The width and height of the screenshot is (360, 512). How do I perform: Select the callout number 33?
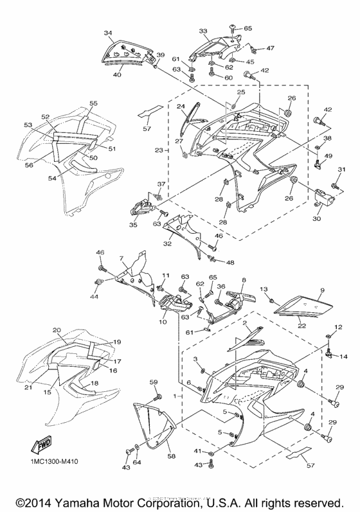click(x=203, y=31)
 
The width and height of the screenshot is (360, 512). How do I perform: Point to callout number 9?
click(x=322, y=290)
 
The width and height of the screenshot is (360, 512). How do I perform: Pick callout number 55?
click(x=94, y=103)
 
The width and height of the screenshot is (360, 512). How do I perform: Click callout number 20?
click(x=57, y=330)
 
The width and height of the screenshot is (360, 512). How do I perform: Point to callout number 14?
click(x=343, y=355)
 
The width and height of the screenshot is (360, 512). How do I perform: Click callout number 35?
click(x=134, y=225)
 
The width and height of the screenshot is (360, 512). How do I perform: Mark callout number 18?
click(x=95, y=384)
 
